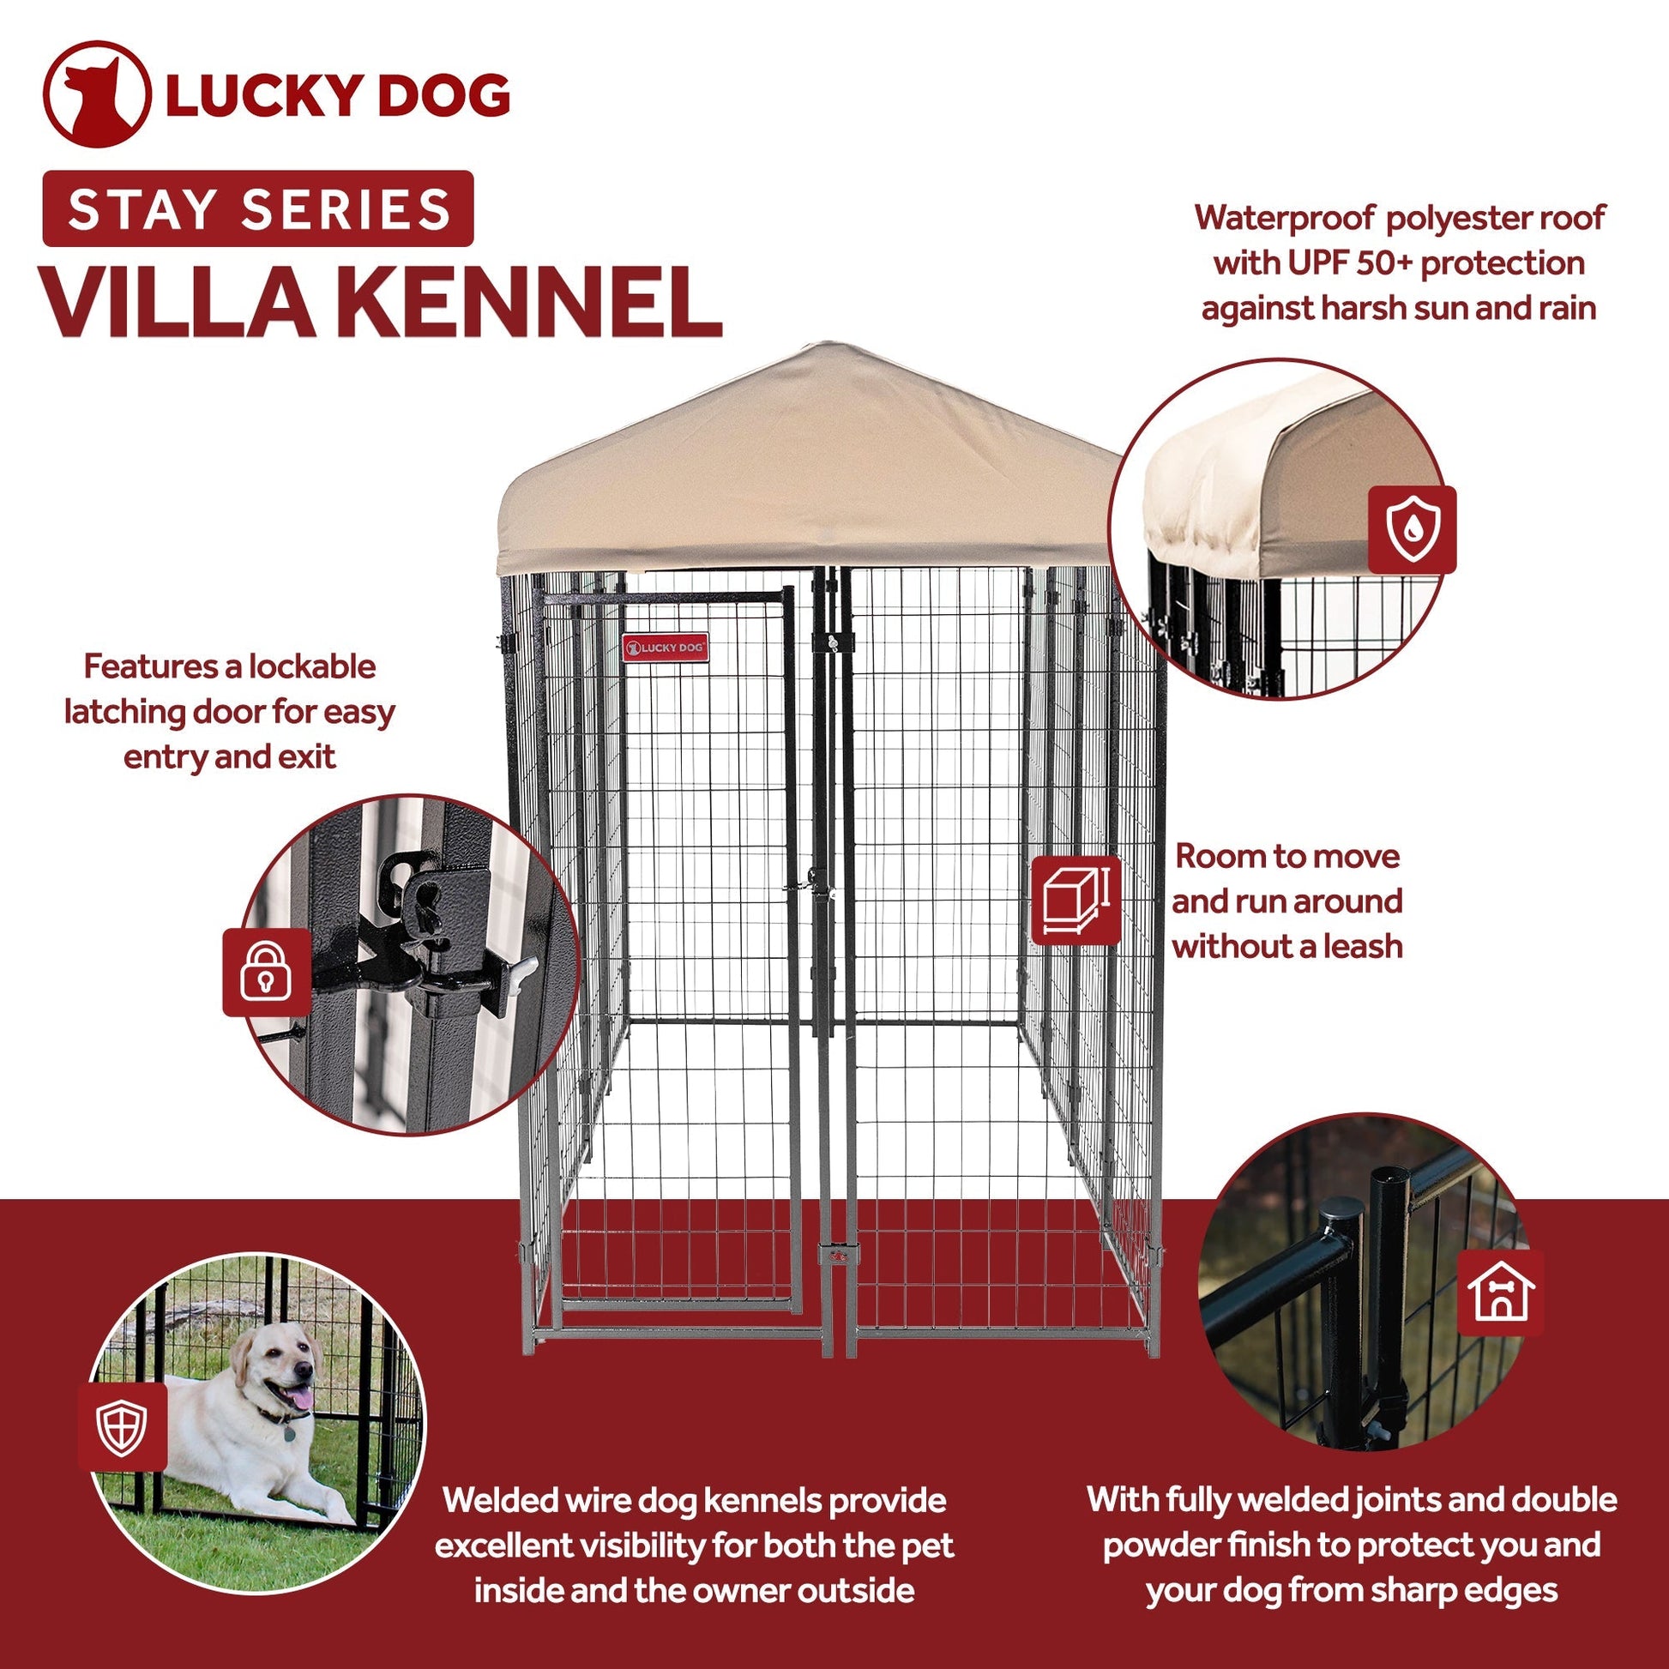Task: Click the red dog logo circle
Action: pyautogui.click(x=97, y=94)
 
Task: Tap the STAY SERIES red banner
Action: pyautogui.click(x=257, y=209)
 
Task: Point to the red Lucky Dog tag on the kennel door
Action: pyautogui.click(x=666, y=647)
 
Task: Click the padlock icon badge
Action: pyautogui.click(x=266, y=973)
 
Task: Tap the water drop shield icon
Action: pyautogui.click(x=1413, y=529)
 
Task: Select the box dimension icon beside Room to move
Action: pyautogui.click(x=1076, y=901)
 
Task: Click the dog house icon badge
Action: pyautogui.click(x=1501, y=1293)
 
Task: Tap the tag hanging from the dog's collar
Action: pyautogui.click(x=288, y=1433)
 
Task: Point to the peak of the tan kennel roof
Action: pyautogui.click(x=827, y=345)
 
